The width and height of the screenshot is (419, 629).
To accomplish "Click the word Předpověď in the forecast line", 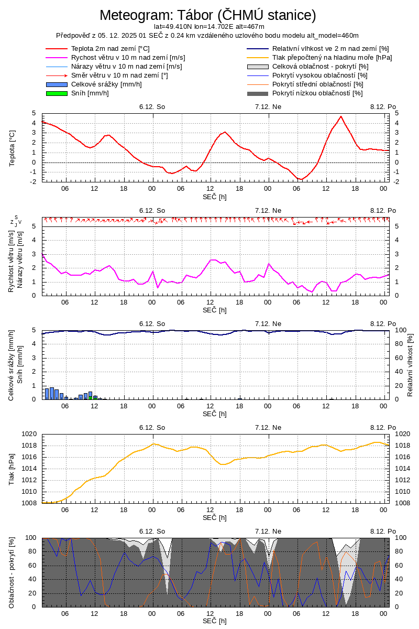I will [73, 35].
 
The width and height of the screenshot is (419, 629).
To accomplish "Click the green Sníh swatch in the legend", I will [57, 93].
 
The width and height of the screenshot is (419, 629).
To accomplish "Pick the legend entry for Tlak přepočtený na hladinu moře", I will [332, 58].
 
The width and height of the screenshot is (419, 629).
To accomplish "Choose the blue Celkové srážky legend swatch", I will [57, 84].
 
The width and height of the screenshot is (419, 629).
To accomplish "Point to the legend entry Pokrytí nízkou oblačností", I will [317, 93].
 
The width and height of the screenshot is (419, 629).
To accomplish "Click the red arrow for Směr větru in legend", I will [57, 75].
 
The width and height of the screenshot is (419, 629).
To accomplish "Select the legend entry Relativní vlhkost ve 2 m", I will [330, 49].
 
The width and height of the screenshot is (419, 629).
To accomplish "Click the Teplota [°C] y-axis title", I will [12, 148].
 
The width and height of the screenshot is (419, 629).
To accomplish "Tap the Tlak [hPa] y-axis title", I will [12, 468].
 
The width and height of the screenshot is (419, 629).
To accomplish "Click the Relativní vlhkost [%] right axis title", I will [410, 364].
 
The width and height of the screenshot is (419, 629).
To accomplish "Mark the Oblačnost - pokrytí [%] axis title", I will [12, 572].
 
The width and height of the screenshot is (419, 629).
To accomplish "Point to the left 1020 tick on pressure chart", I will [29, 434].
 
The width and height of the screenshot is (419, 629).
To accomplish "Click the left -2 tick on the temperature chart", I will [33, 182].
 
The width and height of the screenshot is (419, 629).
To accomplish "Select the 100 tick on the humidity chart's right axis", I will [400, 330].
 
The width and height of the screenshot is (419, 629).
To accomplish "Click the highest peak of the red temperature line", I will [341, 116].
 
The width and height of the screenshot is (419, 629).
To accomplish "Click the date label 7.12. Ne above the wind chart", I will [268, 210].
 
